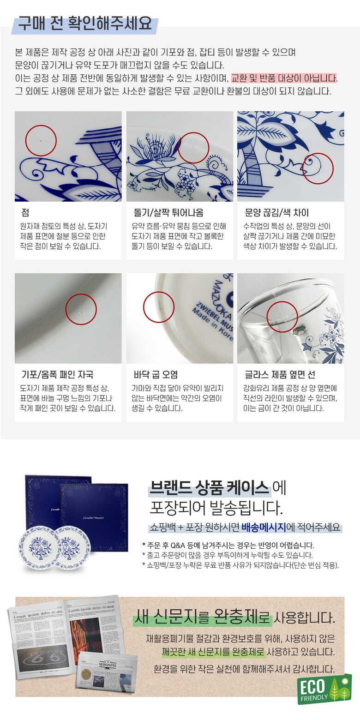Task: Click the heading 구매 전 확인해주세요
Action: click(x=85, y=24)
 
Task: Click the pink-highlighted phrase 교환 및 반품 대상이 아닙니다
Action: click(x=284, y=78)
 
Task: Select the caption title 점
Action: click(x=25, y=212)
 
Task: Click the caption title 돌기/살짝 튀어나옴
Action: click(x=168, y=212)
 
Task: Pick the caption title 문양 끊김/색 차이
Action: click(x=277, y=212)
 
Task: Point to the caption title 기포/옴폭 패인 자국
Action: click(x=57, y=374)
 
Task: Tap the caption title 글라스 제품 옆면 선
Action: click(x=280, y=374)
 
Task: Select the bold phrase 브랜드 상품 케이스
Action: click(x=209, y=488)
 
